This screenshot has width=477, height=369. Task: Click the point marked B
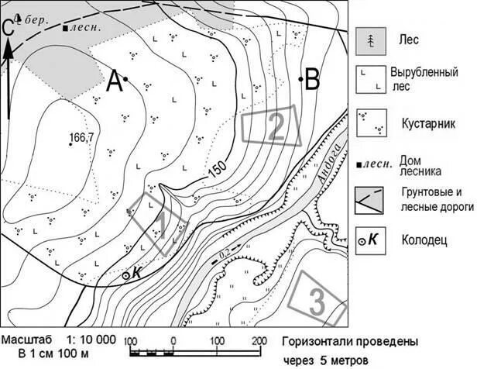(300, 79)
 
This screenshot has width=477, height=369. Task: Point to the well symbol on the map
(126, 274)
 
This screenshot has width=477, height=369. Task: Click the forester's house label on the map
(84, 28)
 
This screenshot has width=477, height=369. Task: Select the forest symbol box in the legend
(371, 39)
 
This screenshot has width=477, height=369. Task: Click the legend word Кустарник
(425, 122)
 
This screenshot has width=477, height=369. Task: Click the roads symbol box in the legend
(371, 199)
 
